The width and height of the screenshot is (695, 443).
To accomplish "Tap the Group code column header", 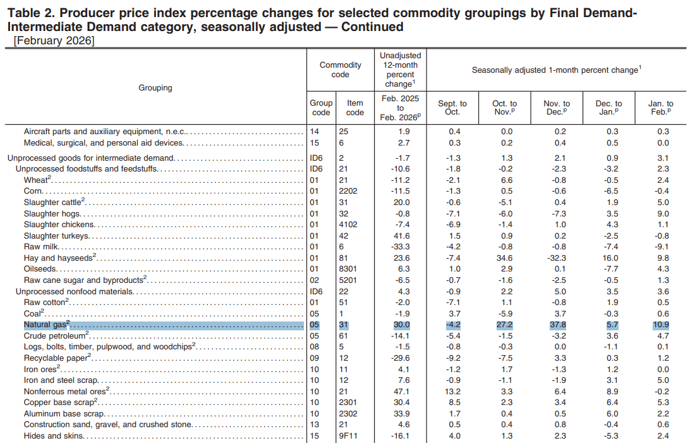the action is [x=321, y=108].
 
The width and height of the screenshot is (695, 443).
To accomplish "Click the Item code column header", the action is [x=354, y=108].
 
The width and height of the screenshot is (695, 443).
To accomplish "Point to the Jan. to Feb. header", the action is [x=660, y=108].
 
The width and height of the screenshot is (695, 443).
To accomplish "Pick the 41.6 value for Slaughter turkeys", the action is [x=402, y=235].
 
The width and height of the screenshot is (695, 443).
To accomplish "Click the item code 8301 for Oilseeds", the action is [x=348, y=269].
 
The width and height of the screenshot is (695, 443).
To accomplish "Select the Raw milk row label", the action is [x=41, y=247].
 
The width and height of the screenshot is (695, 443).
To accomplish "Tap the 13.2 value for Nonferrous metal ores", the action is [x=452, y=392].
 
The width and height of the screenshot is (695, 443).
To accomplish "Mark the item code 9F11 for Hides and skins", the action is [x=348, y=436].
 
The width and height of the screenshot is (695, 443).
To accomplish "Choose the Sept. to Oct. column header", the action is [x=452, y=108].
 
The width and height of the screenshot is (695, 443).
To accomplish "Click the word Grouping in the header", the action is [x=155, y=87].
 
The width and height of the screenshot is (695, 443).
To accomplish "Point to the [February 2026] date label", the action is [x=54, y=41].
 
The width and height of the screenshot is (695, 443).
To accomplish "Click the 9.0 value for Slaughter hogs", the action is [x=663, y=213].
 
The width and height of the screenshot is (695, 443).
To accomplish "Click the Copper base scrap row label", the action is [x=60, y=402].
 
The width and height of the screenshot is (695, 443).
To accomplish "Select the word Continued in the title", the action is [x=372, y=27].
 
